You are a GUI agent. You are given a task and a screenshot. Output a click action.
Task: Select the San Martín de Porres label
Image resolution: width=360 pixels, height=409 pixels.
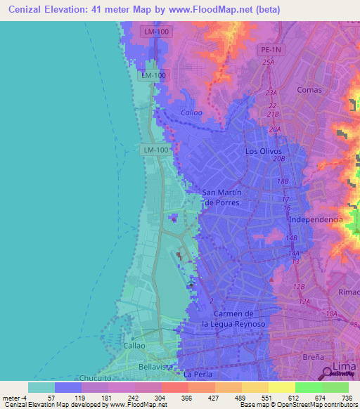pos(221,197)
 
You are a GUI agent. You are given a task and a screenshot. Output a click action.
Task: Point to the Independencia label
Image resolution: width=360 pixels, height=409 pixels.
pos(316,220)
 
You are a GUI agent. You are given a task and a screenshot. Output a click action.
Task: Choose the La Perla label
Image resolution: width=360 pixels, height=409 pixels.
pos(196,375)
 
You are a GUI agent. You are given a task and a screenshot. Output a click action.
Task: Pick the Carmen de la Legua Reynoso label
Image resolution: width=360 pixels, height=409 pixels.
pos(232,318)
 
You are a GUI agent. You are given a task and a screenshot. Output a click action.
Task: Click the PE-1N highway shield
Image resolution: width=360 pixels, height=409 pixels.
pos(269,50)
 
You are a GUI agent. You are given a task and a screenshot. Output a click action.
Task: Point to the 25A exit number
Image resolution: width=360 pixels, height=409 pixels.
pos(268,63)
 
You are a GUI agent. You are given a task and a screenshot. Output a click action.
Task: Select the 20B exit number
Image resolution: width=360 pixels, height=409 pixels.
pos(280,159)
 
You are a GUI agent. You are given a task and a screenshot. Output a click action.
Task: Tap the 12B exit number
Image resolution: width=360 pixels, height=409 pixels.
pos(298,287)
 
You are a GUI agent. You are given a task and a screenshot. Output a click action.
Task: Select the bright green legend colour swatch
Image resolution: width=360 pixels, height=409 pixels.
pos(308,387)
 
